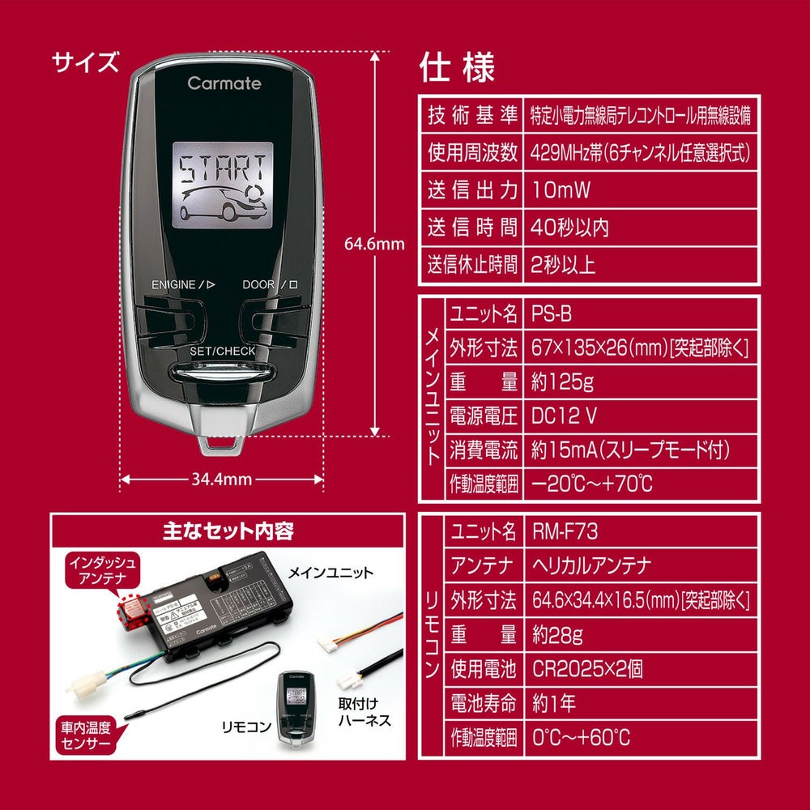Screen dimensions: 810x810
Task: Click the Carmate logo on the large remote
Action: (x=224, y=83)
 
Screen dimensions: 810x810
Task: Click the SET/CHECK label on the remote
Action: (x=222, y=352)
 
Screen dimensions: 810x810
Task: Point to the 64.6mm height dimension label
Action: (x=374, y=243)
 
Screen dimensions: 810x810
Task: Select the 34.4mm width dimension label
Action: (x=221, y=480)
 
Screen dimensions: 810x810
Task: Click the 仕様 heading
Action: (x=457, y=68)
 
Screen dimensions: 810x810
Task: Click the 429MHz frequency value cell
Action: (x=640, y=152)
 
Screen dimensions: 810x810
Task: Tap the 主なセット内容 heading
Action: (x=226, y=531)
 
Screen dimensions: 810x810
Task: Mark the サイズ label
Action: (x=85, y=62)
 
